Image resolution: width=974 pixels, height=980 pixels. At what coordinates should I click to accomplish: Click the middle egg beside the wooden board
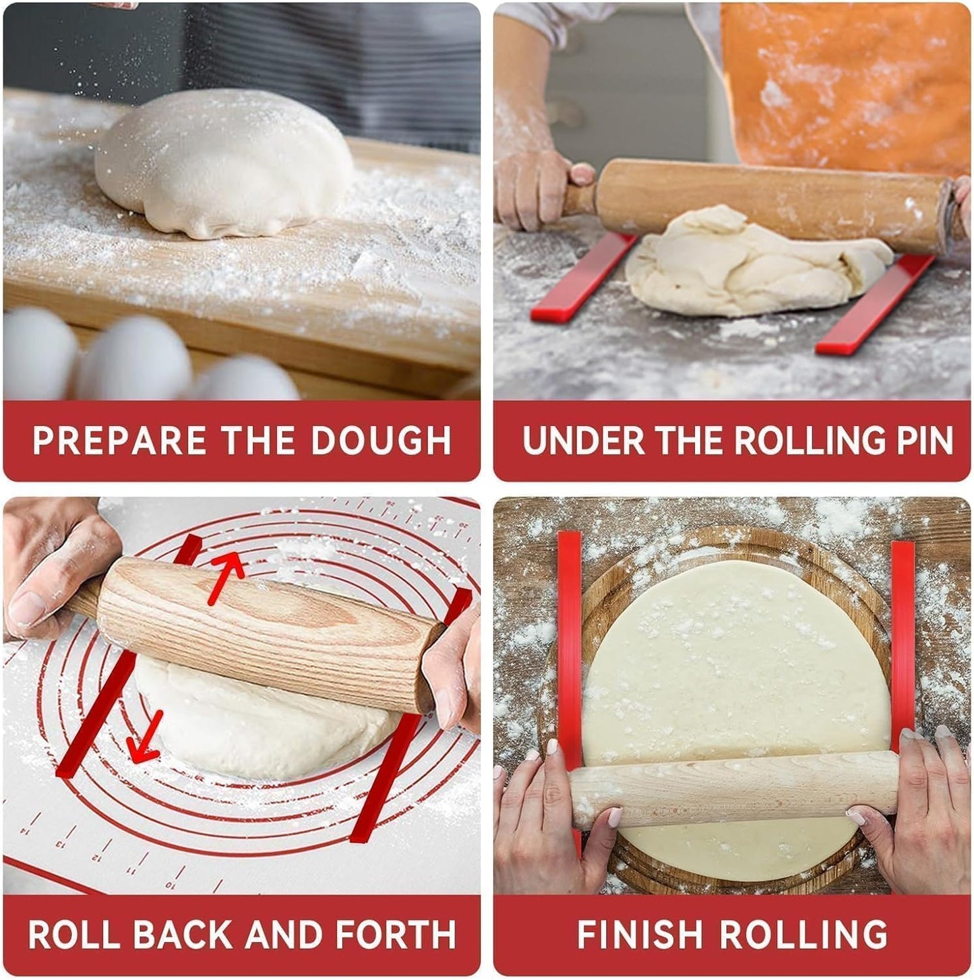click(135, 357)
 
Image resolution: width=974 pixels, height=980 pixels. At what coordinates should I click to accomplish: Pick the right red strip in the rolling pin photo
click(876, 303)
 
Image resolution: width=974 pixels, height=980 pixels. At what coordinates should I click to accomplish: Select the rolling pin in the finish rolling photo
click(735, 789)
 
